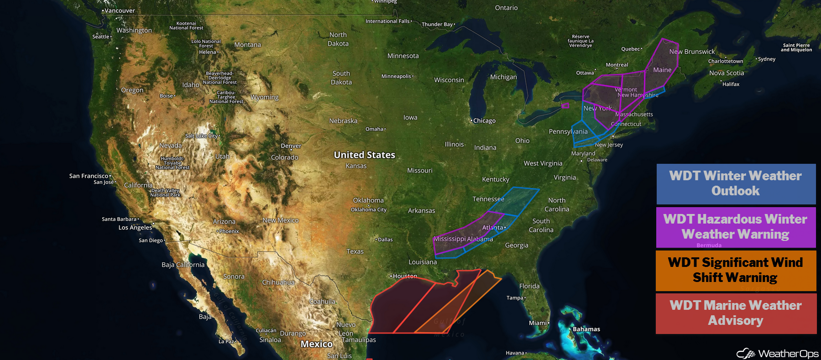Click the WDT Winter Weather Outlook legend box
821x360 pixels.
pos(736,183)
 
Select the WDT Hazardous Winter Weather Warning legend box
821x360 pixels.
pos(736,227)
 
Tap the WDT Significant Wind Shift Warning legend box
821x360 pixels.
pos(736,270)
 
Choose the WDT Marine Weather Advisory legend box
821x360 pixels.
pos(736,313)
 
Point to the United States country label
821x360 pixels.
pos(364,155)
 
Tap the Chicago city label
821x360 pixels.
pos(484,121)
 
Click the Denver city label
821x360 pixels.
pos(291,146)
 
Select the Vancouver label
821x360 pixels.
pos(119,10)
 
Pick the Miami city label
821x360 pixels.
pos(538,323)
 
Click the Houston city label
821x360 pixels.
pos(404,276)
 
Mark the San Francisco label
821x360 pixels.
pos(89,176)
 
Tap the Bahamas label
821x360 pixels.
pos(586,329)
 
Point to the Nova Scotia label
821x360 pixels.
pos(727,73)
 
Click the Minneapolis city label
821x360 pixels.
pos(397,76)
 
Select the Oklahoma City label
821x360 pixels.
pos(368,209)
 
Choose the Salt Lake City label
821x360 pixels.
pos(202,136)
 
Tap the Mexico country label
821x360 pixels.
pos(316,344)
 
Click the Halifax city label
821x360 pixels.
pos(731,84)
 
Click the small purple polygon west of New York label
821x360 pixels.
pos(565,106)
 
